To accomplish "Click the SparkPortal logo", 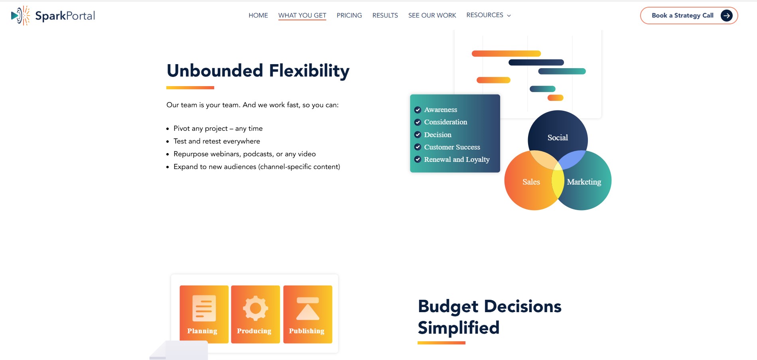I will click(53, 16).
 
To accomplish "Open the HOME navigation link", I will click(258, 16).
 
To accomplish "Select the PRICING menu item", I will click(349, 16).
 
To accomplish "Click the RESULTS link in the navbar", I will click(385, 16).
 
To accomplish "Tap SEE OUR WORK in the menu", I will click(432, 16).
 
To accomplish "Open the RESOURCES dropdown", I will click(488, 15).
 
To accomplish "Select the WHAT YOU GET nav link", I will click(302, 16).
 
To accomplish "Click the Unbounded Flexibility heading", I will click(258, 71).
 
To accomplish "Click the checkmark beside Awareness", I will click(418, 110).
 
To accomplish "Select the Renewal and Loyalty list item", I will click(457, 159).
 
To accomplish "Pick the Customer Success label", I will click(452, 147).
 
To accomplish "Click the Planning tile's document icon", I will click(204, 308).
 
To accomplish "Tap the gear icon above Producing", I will click(255, 308).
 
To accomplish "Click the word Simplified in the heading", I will click(458, 328).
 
